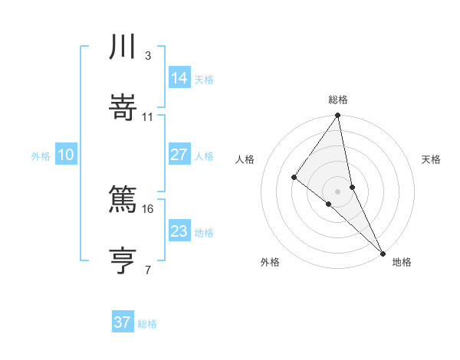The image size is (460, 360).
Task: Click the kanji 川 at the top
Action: click(x=123, y=48)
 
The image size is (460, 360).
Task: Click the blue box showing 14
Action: click(x=179, y=77)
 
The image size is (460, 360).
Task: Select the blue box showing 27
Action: click(x=179, y=154)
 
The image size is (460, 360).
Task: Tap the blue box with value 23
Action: click(x=179, y=231)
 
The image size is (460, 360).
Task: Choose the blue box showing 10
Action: click(x=66, y=155)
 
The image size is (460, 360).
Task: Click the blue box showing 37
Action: click(x=123, y=322)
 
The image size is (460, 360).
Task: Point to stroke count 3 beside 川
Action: click(x=147, y=55)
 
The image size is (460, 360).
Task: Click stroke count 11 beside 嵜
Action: click(x=148, y=116)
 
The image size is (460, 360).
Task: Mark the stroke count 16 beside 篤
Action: click(x=148, y=208)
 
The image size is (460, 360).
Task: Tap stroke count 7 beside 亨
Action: click(x=147, y=269)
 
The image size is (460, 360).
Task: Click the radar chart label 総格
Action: click(x=338, y=100)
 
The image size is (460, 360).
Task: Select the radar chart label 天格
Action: click(x=432, y=159)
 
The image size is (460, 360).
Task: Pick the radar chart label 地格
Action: click(x=402, y=262)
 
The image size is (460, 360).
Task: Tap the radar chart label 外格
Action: click(x=270, y=262)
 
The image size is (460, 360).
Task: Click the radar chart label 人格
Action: click(x=245, y=159)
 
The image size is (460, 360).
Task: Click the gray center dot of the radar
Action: click(x=338, y=191)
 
